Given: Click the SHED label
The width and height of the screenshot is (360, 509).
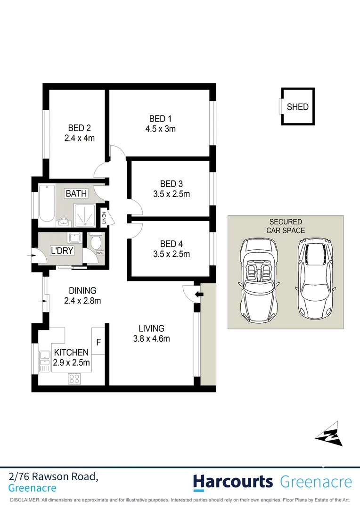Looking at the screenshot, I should [297, 107].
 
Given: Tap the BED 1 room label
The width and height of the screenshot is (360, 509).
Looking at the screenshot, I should [157, 118].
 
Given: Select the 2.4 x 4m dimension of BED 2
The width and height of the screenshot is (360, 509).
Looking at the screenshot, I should [80, 138].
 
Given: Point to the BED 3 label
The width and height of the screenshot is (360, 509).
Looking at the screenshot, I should [168, 184].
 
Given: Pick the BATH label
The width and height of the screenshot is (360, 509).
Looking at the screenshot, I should [76, 193].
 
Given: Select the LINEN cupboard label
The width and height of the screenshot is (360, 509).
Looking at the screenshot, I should [104, 218].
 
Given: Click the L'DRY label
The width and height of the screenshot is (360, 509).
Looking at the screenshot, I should [62, 251].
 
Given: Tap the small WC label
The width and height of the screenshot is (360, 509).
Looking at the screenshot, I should [100, 253].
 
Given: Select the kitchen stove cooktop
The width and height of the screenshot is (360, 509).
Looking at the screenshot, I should [75, 378].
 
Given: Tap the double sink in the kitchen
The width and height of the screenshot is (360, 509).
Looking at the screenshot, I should [45, 361].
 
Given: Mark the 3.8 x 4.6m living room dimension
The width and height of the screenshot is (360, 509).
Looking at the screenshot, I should [151, 338].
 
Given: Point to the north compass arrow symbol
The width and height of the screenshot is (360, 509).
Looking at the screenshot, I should [329, 434].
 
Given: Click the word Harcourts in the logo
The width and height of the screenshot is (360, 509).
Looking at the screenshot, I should [233, 482].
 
